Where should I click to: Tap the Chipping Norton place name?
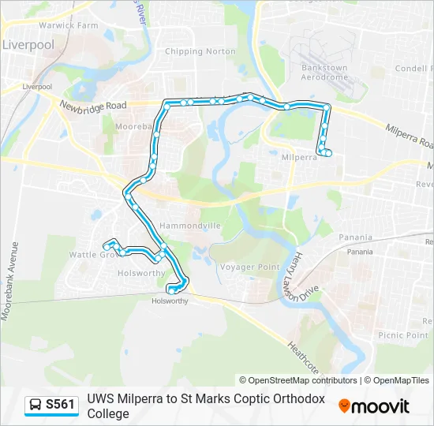point(200,51)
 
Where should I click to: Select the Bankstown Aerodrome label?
point(324,73)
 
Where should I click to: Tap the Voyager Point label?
point(250,267)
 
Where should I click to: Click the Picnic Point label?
point(403,335)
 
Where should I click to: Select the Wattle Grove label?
point(93,255)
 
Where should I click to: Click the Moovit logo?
point(374,406)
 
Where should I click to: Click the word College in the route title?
point(108,413)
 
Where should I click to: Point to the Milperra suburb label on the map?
point(299,157)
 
